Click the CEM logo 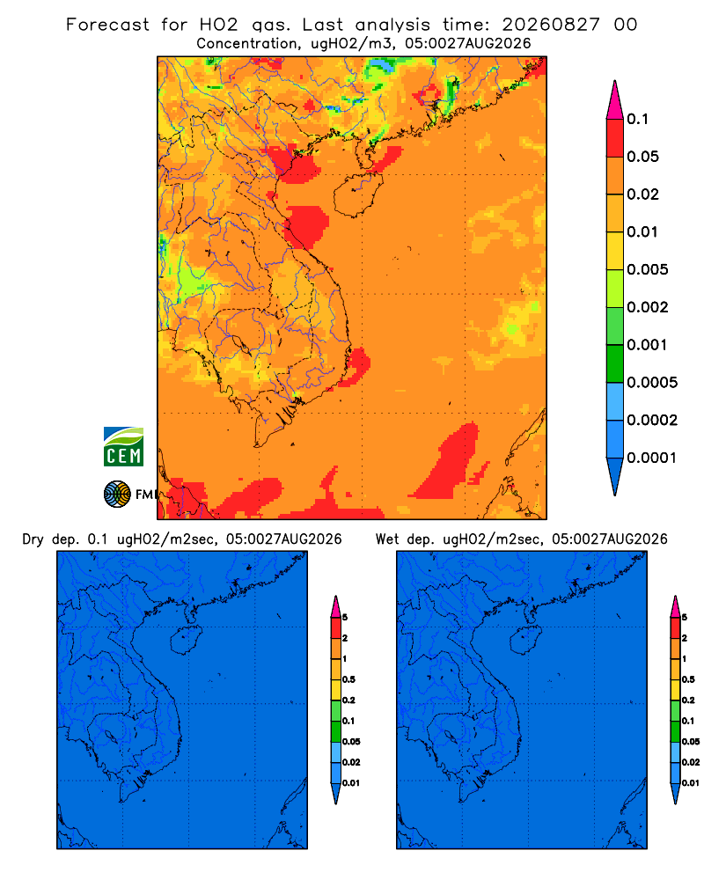point(123,446)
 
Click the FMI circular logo point(117,494)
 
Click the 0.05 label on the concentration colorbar point(642,157)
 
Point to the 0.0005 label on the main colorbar point(652,383)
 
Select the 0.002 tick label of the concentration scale point(648,307)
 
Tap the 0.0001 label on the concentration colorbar point(652,458)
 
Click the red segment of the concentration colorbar point(615,137)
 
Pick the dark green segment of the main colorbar point(615,363)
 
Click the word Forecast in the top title point(107,25)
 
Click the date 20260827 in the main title point(551,25)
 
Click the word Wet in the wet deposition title point(387,539)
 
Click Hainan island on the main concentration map point(357,194)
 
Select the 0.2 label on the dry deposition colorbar point(348,700)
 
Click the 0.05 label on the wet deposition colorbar point(691,742)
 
